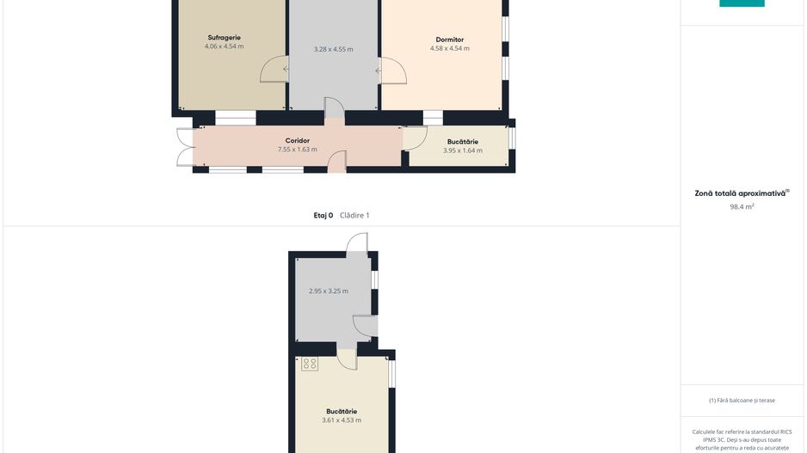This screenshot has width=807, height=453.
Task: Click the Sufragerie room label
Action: [x=224, y=38]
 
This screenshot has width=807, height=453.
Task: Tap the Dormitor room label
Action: [x=449, y=40]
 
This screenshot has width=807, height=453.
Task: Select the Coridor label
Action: [x=298, y=141]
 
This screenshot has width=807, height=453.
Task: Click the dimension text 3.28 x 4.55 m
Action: [x=334, y=49]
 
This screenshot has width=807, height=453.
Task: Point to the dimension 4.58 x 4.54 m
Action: [x=449, y=48]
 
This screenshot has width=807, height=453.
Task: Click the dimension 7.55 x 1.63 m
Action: [x=298, y=150]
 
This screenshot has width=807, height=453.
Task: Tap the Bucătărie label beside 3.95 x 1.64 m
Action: [x=463, y=142]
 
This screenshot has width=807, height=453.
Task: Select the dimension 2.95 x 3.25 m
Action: [x=329, y=291]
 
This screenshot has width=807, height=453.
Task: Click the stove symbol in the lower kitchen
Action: [x=310, y=364]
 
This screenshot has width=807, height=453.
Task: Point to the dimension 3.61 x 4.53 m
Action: [x=342, y=420]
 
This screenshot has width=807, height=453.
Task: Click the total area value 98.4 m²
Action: [x=742, y=206]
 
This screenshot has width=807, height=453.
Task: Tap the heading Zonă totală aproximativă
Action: [x=740, y=194]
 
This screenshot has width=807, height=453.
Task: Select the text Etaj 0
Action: [x=323, y=216]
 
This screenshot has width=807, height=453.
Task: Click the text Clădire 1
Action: [x=354, y=216]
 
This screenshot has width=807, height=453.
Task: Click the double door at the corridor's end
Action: [x=184, y=147]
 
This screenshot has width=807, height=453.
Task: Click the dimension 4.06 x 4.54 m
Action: [x=224, y=46]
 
